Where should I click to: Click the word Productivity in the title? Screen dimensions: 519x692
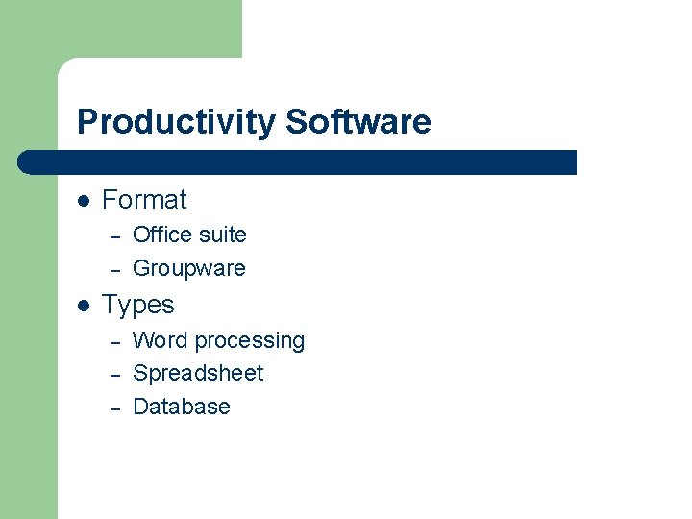[x=177, y=123]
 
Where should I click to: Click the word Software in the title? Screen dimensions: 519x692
[x=358, y=123]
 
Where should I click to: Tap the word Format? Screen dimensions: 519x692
[x=144, y=200]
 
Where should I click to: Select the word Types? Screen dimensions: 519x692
[x=138, y=305]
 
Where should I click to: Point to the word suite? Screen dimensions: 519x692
[x=222, y=235]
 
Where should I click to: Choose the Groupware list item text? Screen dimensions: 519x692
[x=189, y=268]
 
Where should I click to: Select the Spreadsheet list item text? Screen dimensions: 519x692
[x=198, y=373]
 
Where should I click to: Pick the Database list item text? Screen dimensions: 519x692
[x=182, y=407]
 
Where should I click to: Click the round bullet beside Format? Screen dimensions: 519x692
[x=84, y=201]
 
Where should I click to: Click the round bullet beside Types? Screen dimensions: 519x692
[x=84, y=306]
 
